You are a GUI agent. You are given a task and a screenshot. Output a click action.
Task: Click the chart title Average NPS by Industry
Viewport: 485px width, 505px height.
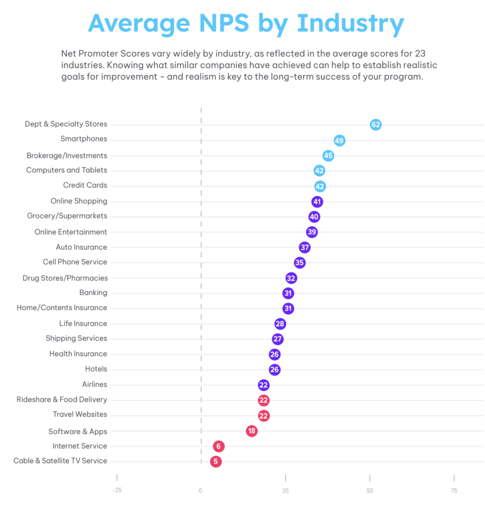246,23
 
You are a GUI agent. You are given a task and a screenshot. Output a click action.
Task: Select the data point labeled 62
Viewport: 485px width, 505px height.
375,125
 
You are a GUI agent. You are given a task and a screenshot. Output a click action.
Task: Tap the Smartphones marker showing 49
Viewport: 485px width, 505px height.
339,141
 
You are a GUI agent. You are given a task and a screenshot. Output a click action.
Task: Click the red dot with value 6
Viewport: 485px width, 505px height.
219,446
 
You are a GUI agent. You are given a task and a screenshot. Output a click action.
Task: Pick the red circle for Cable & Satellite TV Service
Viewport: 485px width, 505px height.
216,462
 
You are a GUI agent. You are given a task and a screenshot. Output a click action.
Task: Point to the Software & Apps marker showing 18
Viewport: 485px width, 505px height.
252,431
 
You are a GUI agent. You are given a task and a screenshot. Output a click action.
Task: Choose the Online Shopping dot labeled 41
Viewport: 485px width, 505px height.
317,202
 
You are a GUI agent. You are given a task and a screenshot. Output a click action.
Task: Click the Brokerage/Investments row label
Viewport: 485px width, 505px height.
67,155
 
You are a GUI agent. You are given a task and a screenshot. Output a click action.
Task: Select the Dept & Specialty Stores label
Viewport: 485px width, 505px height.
66,124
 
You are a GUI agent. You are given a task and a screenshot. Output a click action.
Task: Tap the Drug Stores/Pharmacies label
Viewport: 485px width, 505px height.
65,278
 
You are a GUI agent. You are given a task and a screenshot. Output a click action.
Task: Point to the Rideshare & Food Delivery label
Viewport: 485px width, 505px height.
62,399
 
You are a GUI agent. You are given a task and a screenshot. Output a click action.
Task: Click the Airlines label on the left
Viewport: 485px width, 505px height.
94,384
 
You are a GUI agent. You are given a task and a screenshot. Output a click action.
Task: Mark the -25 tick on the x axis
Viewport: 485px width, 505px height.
116,491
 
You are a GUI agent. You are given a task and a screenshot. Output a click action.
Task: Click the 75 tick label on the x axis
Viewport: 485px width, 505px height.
454,491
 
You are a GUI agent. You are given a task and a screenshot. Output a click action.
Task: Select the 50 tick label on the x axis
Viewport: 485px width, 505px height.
370,491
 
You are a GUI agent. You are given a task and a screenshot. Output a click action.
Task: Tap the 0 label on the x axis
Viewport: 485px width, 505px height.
201,491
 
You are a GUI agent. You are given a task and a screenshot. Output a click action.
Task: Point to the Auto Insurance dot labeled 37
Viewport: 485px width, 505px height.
304,248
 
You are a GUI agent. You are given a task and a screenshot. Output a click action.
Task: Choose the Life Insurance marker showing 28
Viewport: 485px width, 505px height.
280,324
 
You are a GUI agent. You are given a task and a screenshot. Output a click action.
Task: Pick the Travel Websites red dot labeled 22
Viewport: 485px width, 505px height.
263,416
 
